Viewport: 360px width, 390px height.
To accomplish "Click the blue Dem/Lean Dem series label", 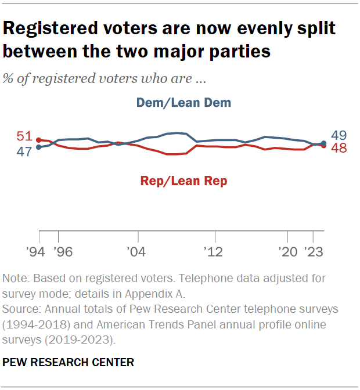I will click(183, 103).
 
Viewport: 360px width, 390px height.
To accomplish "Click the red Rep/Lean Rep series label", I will click(183, 181).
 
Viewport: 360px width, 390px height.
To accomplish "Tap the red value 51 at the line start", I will click(24, 137).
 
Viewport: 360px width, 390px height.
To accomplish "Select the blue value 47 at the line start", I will click(24, 151).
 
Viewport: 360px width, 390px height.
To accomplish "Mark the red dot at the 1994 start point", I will click(39, 140).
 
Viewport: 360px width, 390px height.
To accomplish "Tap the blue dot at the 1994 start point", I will click(39, 147).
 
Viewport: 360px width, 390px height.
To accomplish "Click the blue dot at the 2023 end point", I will click(323, 143).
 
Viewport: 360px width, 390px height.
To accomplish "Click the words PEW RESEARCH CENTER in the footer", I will click(69, 363).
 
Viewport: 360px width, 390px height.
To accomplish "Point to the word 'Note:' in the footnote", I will click(16, 279).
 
